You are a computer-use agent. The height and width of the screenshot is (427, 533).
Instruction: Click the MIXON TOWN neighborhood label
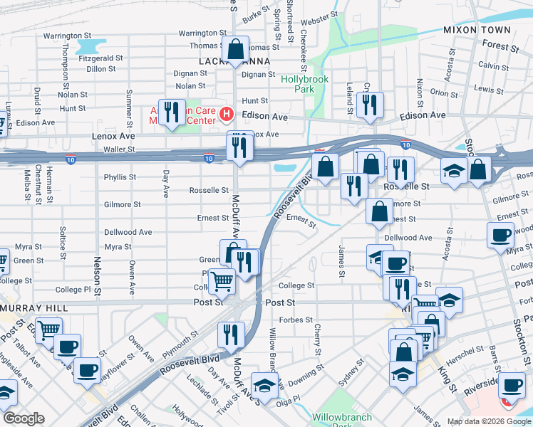477,30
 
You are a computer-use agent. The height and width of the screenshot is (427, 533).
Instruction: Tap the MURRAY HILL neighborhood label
33,308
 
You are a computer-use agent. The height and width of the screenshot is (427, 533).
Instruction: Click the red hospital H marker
227,113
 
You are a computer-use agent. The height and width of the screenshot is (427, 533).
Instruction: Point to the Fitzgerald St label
102,58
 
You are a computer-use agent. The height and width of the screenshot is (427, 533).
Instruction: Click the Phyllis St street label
120,177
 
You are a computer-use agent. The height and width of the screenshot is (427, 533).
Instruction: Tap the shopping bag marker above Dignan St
235,50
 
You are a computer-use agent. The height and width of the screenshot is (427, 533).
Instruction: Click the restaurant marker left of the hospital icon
171,112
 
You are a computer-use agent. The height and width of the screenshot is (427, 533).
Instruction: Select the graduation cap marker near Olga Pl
265,386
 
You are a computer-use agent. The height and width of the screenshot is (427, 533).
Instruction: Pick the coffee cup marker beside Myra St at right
501,234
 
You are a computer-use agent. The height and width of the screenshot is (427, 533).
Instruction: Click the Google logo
24,418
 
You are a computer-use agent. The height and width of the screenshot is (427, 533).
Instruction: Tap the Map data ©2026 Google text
488,421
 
